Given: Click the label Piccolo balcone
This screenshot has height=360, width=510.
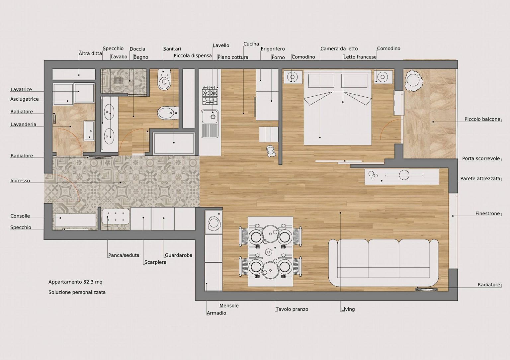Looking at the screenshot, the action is point(482,119).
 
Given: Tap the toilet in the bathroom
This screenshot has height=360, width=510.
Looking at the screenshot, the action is point(164,80).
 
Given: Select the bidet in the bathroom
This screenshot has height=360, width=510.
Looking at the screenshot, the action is point(168,113).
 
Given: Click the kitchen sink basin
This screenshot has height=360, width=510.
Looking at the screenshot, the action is point(210,117).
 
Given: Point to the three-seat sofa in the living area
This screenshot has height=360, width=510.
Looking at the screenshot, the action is point(383,263).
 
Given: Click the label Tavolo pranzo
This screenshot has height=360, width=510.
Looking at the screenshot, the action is point(292,309).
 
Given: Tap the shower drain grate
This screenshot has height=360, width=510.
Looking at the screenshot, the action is point(119,81).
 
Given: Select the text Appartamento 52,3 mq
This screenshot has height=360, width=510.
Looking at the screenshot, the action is point(75,282).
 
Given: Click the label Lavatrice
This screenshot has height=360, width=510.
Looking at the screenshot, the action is point(21,89).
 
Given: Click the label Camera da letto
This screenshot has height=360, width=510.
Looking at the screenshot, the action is point(339,48).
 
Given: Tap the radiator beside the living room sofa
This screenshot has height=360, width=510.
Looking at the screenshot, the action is point(426,290).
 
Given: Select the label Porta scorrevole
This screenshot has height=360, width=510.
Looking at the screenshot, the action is point(481,158).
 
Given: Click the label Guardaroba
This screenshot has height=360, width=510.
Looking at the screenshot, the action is point(179,255).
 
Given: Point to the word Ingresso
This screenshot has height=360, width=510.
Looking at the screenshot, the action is point(20,181).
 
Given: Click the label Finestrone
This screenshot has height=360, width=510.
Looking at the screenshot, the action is point(487,214).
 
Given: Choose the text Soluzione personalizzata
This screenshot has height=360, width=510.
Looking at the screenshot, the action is point(77,292).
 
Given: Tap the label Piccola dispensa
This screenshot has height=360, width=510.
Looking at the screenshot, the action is point(193,55).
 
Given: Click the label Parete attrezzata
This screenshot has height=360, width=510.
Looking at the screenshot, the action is point(480,179).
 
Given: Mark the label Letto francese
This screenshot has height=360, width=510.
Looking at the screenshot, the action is point(360,57).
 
